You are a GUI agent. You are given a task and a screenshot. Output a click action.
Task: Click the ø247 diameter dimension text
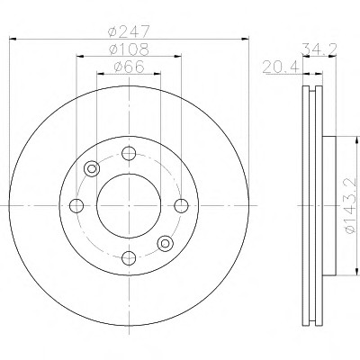pos(129,31)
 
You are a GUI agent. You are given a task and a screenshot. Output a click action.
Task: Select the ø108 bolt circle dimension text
pos(129,49)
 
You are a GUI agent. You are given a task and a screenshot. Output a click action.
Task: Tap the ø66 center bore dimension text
pos(129,67)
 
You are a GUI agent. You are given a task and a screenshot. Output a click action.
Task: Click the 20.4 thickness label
pos(281,67)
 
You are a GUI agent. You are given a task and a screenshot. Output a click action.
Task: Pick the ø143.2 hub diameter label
pos(351,206)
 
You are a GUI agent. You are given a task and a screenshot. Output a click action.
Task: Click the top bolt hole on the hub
pos(129,154)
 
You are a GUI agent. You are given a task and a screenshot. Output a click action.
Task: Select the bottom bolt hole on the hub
pos(129,258)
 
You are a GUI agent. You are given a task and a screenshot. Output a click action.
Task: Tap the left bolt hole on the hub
pos(76,206)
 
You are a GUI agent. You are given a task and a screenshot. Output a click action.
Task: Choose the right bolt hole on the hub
pos(181,206)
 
